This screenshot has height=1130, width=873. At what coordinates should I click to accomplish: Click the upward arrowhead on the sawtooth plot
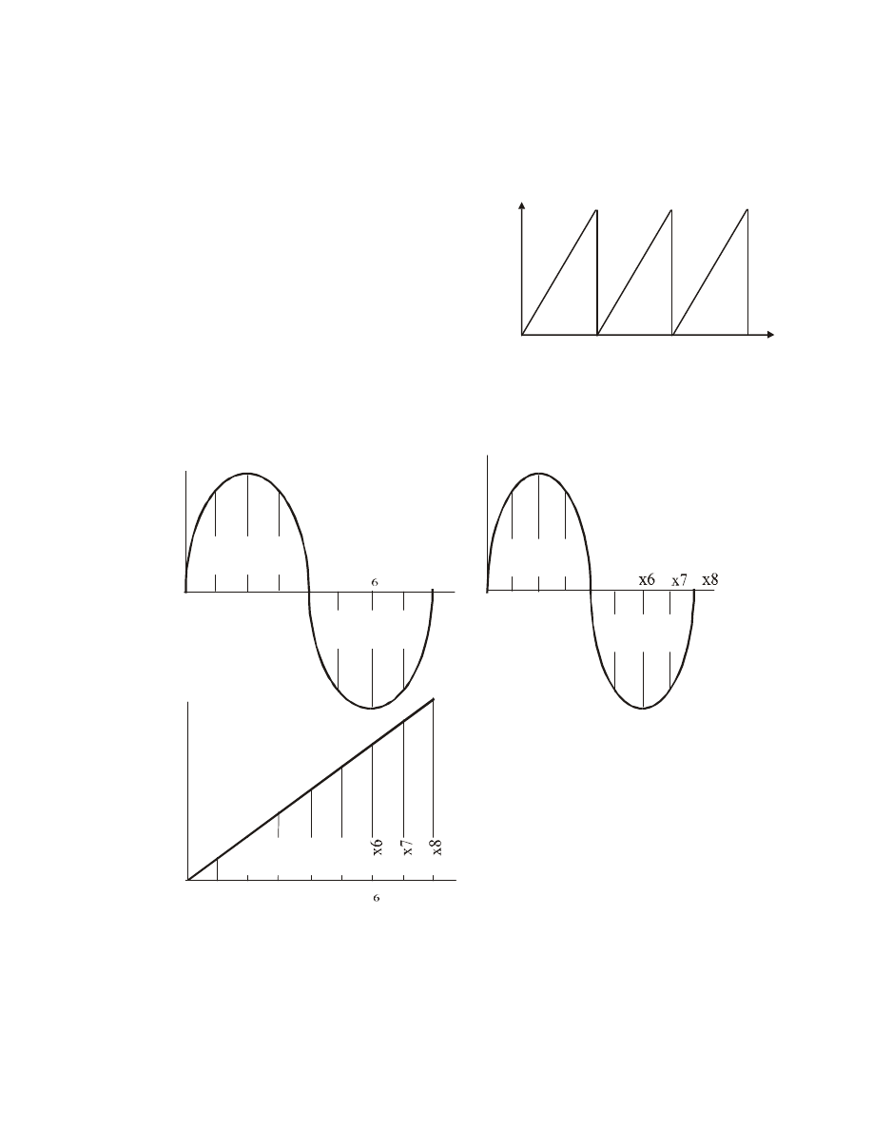pyautogui.click(x=521, y=205)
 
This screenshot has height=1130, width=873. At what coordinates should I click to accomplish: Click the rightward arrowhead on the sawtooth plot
pyautogui.click(x=770, y=335)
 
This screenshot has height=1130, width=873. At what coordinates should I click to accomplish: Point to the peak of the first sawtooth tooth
pyautogui.click(x=596, y=210)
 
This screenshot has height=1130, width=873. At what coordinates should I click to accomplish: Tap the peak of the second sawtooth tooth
pyautogui.click(x=671, y=210)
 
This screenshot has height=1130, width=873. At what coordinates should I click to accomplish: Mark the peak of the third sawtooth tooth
pyautogui.click(x=747, y=209)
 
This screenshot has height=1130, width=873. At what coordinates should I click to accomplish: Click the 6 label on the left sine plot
pyautogui.click(x=375, y=581)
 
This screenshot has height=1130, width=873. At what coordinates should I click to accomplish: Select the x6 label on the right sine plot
pyautogui.click(x=647, y=579)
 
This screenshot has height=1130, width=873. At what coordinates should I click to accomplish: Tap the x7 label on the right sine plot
pyautogui.click(x=679, y=580)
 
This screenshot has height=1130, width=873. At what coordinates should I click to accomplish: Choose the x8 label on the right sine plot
pyautogui.click(x=710, y=579)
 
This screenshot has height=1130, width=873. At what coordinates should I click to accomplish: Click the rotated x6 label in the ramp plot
pyautogui.click(x=377, y=847)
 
